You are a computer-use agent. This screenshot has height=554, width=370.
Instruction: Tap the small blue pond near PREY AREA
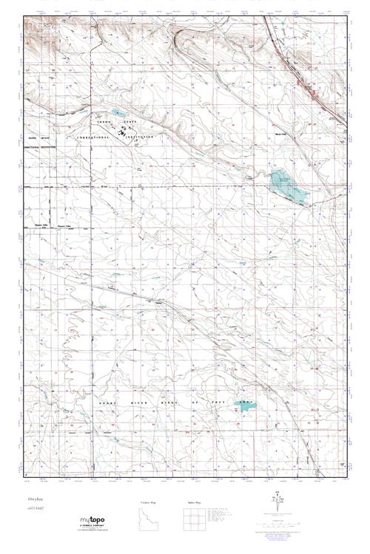[x=245, y=404]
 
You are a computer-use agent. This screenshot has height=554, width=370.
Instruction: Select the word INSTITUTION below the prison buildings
[x=141, y=138]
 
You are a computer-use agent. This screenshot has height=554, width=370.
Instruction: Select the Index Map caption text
[x=195, y=502]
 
